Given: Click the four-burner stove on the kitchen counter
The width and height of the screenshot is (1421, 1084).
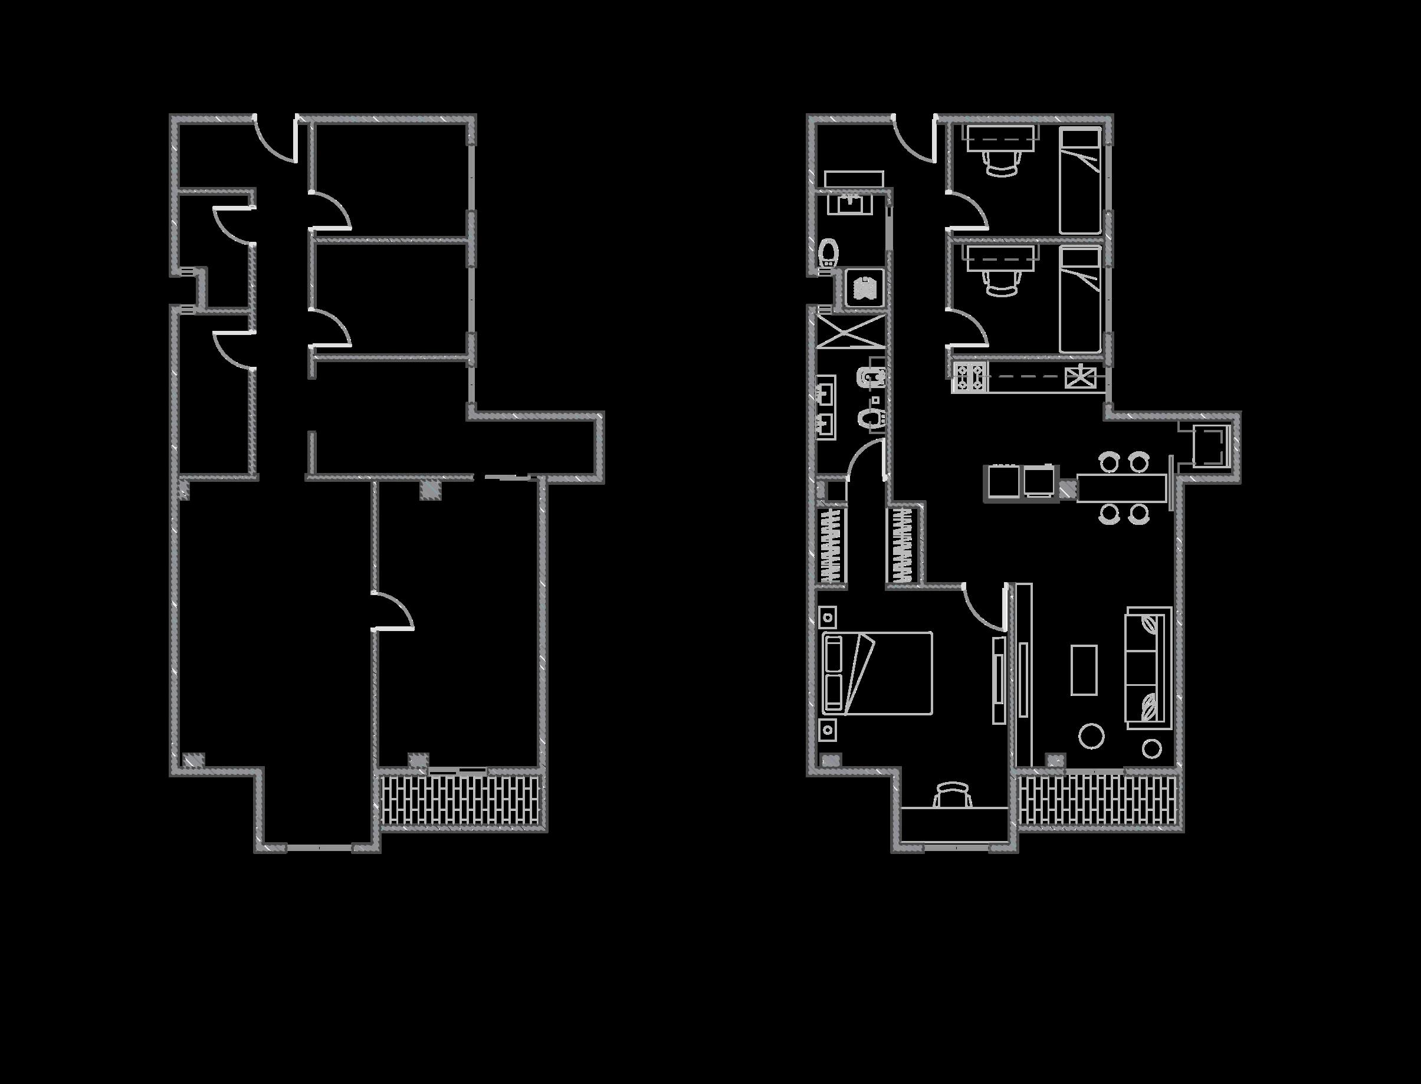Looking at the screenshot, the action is [x=970, y=377].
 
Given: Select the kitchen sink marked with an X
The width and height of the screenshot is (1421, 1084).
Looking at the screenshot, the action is [x=1080, y=376].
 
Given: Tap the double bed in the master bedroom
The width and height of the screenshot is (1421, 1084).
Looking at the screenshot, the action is [x=878, y=673].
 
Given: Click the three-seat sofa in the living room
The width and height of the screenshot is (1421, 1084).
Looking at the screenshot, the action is [x=1148, y=668].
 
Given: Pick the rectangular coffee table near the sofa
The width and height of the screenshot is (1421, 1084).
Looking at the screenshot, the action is [x=1084, y=670].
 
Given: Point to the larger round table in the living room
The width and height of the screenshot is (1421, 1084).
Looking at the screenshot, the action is [x=1091, y=736].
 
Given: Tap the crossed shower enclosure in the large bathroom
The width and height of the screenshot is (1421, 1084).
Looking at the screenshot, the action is [x=851, y=331].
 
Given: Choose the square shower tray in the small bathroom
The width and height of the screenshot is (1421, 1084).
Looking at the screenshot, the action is [x=864, y=287].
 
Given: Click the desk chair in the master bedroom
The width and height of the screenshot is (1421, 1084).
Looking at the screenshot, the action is [x=953, y=796].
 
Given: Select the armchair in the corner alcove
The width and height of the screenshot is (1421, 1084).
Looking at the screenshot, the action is [x=1208, y=445].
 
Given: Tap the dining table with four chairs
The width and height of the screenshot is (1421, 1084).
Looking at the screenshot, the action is [x=1123, y=488].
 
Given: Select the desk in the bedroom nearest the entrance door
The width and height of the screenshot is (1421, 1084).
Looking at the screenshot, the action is [x=1001, y=136].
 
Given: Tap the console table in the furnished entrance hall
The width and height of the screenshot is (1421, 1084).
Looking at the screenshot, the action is [x=854, y=179].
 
